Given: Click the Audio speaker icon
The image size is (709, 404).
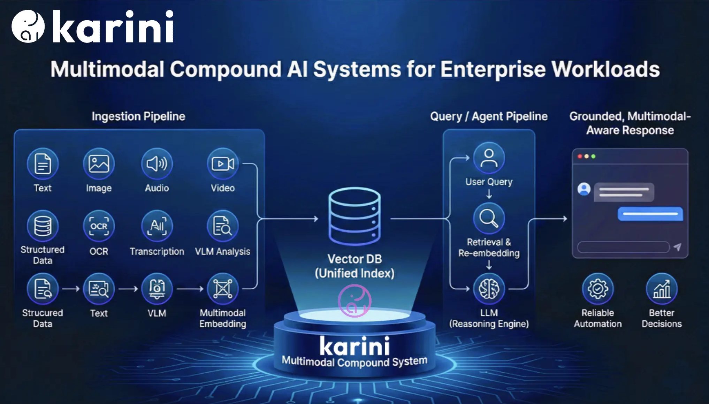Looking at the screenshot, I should [x=157, y=163].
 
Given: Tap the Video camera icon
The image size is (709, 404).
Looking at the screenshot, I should [x=223, y=163].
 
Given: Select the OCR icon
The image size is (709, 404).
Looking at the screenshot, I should [x=99, y=226].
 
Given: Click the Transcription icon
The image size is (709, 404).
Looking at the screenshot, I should [x=157, y=226].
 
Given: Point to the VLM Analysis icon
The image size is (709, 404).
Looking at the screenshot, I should [x=223, y=226].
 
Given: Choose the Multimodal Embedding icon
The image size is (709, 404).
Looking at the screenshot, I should [x=223, y=289].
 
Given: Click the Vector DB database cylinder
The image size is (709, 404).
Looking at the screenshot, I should [x=354, y=216].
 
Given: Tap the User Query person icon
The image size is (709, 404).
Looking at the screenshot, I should [x=489, y=158].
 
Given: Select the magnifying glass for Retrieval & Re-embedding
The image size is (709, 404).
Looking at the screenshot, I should [x=489, y=219].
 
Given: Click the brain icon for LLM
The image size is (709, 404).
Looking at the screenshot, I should [x=489, y=289].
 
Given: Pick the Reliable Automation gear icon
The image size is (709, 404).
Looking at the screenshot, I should [x=597, y=289].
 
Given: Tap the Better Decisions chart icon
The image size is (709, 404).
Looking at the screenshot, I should [x=661, y=289].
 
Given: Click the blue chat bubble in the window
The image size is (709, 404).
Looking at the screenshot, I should [x=650, y=214].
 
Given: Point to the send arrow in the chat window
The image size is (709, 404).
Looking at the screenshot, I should [x=677, y=247].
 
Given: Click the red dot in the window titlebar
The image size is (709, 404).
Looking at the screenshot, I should [x=580, y=157].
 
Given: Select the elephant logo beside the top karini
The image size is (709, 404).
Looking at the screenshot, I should [x=28, y=26].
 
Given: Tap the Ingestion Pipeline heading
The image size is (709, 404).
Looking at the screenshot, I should [x=138, y=116].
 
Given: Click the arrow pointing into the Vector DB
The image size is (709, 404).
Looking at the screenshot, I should [x=315, y=219].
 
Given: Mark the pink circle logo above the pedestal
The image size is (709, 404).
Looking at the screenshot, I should [x=354, y=301].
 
